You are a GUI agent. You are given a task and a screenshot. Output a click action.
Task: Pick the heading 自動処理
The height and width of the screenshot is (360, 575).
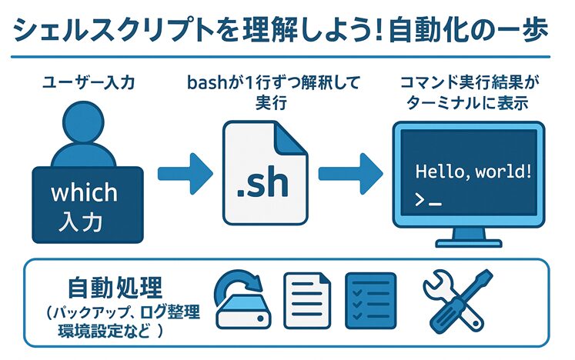pyautogui.click(x=115, y=288)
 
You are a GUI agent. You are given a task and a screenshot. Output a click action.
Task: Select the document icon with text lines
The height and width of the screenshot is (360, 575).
pyautogui.click(x=307, y=301)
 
